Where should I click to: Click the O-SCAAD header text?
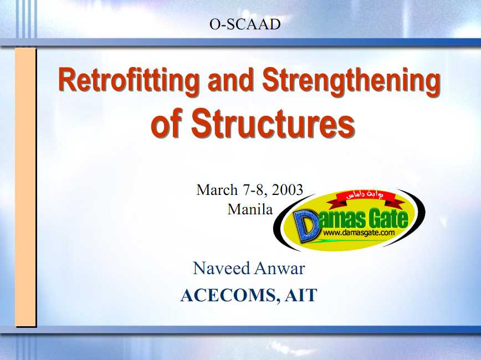(x=245, y=24)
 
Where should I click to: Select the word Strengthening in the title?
(x=351, y=80)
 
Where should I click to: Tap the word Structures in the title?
(x=274, y=123)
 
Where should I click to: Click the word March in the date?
(x=217, y=190)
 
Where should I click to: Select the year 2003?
(x=288, y=190)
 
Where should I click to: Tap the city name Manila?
(x=250, y=209)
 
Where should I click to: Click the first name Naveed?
(x=222, y=268)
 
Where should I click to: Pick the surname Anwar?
(x=279, y=268)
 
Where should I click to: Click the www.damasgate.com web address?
(x=359, y=233)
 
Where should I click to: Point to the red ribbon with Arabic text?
(x=366, y=197)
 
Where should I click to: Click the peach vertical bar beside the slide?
(x=25, y=187)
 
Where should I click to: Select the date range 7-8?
(x=253, y=190)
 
